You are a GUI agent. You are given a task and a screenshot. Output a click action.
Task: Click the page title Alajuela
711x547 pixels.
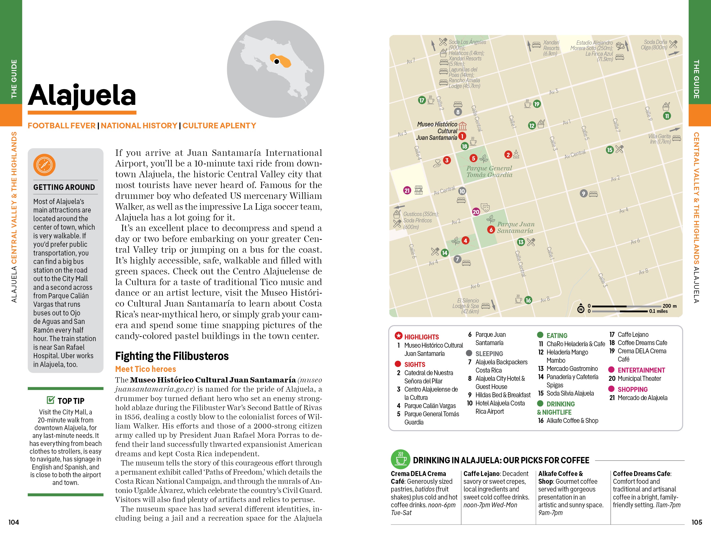(x=82, y=95)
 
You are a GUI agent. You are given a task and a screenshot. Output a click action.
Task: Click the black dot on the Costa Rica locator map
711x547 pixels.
(x=277, y=61)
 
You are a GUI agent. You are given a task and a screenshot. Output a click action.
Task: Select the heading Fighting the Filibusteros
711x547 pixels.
(x=172, y=356)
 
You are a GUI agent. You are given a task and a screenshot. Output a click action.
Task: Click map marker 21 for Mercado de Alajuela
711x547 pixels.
(x=407, y=190)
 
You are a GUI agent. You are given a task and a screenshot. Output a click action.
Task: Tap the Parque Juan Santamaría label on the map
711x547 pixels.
(x=515, y=228)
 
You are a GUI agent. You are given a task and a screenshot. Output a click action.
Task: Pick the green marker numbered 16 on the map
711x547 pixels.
(x=528, y=300)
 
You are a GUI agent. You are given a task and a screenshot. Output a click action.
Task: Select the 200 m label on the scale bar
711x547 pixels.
(x=669, y=306)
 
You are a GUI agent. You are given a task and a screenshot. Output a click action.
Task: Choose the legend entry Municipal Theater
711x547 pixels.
(x=639, y=378)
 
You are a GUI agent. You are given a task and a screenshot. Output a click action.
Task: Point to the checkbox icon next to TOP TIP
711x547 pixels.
(x=51, y=400)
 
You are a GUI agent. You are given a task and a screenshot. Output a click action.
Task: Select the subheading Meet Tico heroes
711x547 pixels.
(x=146, y=369)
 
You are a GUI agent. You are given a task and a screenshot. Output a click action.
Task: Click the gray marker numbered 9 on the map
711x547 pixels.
(x=583, y=194)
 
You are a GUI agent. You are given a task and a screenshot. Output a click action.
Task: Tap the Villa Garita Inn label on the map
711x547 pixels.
(x=659, y=139)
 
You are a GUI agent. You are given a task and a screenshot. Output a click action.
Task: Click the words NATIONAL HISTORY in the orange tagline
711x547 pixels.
(x=139, y=126)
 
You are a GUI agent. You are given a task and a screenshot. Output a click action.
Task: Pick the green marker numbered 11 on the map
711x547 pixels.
(x=667, y=116)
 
